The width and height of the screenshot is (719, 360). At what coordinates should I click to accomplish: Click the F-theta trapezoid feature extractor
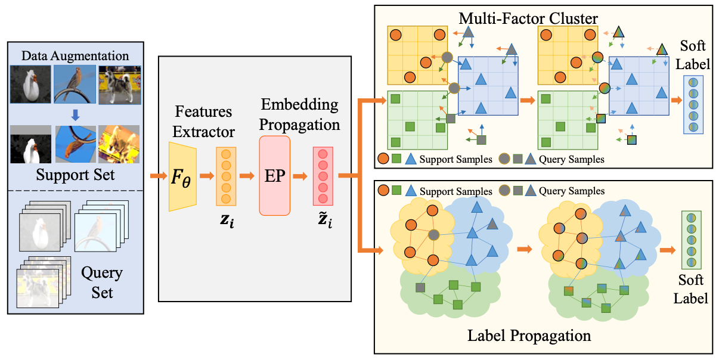pos(182,176)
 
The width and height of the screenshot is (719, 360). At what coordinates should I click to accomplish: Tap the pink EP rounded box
pos(274,175)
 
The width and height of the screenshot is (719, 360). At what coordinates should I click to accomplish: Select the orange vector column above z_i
pos(226,176)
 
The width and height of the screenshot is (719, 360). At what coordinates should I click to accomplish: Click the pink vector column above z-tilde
pos(323,176)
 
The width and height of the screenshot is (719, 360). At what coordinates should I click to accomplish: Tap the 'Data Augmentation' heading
pos(75,56)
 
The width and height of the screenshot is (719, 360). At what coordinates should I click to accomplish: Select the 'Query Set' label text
pos(102,283)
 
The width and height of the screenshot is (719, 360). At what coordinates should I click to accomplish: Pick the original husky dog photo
pos(120,85)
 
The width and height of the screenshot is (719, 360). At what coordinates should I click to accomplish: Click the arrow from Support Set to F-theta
pos(157,176)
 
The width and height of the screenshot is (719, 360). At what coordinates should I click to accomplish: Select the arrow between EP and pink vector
pos(300,176)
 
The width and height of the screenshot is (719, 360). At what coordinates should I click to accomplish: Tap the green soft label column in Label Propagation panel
pos(691,240)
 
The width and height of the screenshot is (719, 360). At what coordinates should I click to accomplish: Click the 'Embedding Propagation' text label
pos(299,115)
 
